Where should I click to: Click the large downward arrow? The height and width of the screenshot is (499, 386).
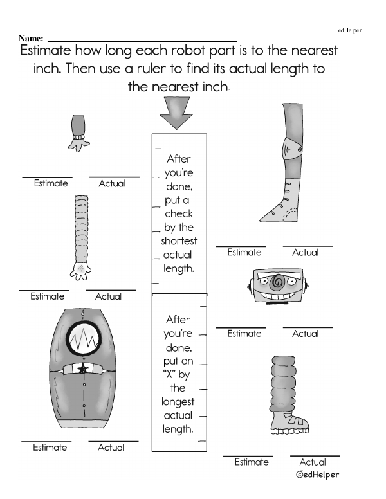(x=176, y=113)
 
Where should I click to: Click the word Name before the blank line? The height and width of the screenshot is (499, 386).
(x=31, y=39)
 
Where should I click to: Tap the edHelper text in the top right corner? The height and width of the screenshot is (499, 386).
(x=350, y=30)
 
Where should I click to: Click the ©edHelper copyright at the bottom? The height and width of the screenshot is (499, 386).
(x=317, y=475)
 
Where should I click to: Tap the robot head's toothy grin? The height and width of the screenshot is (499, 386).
(x=277, y=296)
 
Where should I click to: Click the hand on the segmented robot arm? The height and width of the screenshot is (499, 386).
(x=80, y=271)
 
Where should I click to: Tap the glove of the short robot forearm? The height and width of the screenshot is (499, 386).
(x=78, y=145)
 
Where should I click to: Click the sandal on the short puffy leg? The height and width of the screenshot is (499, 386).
(x=289, y=422)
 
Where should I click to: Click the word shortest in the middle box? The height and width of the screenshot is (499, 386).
(x=179, y=241)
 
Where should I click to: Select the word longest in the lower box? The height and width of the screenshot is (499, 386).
(x=178, y=402)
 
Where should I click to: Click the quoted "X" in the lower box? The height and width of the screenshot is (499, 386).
(x=170, y=374)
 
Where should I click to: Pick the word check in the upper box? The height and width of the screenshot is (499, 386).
(x=179, y=213)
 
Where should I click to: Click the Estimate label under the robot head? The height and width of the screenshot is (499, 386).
(x=244, y=334)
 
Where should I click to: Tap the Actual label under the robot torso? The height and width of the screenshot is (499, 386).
(x=111, y=448)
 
